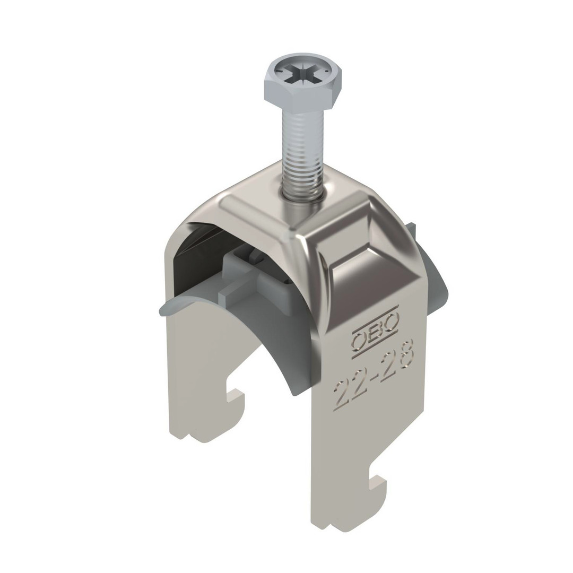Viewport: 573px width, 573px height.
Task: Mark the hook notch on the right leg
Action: [x=378, y=482]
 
